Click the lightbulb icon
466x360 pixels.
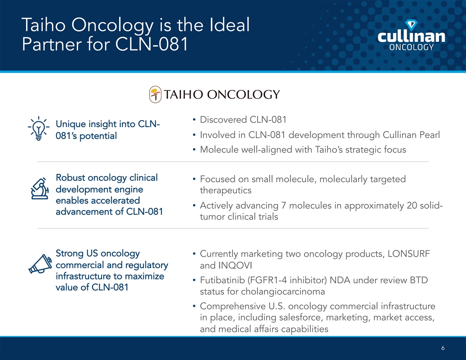click(39, 128)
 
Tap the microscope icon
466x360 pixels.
click(40, 188)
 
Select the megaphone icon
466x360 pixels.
click(40, 264)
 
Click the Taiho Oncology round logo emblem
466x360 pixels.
click(155, 94)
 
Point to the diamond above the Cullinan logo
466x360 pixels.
click(411, 25)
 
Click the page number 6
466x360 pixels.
click(443, 348)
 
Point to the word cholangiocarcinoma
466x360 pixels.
click(283, 292)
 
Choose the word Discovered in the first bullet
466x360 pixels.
click(223, 120)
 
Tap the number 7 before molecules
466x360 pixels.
click(283, 206)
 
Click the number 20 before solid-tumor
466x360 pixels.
click(412, 206)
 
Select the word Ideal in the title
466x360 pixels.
click(229, 25)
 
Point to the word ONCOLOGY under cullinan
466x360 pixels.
click(411, 47)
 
